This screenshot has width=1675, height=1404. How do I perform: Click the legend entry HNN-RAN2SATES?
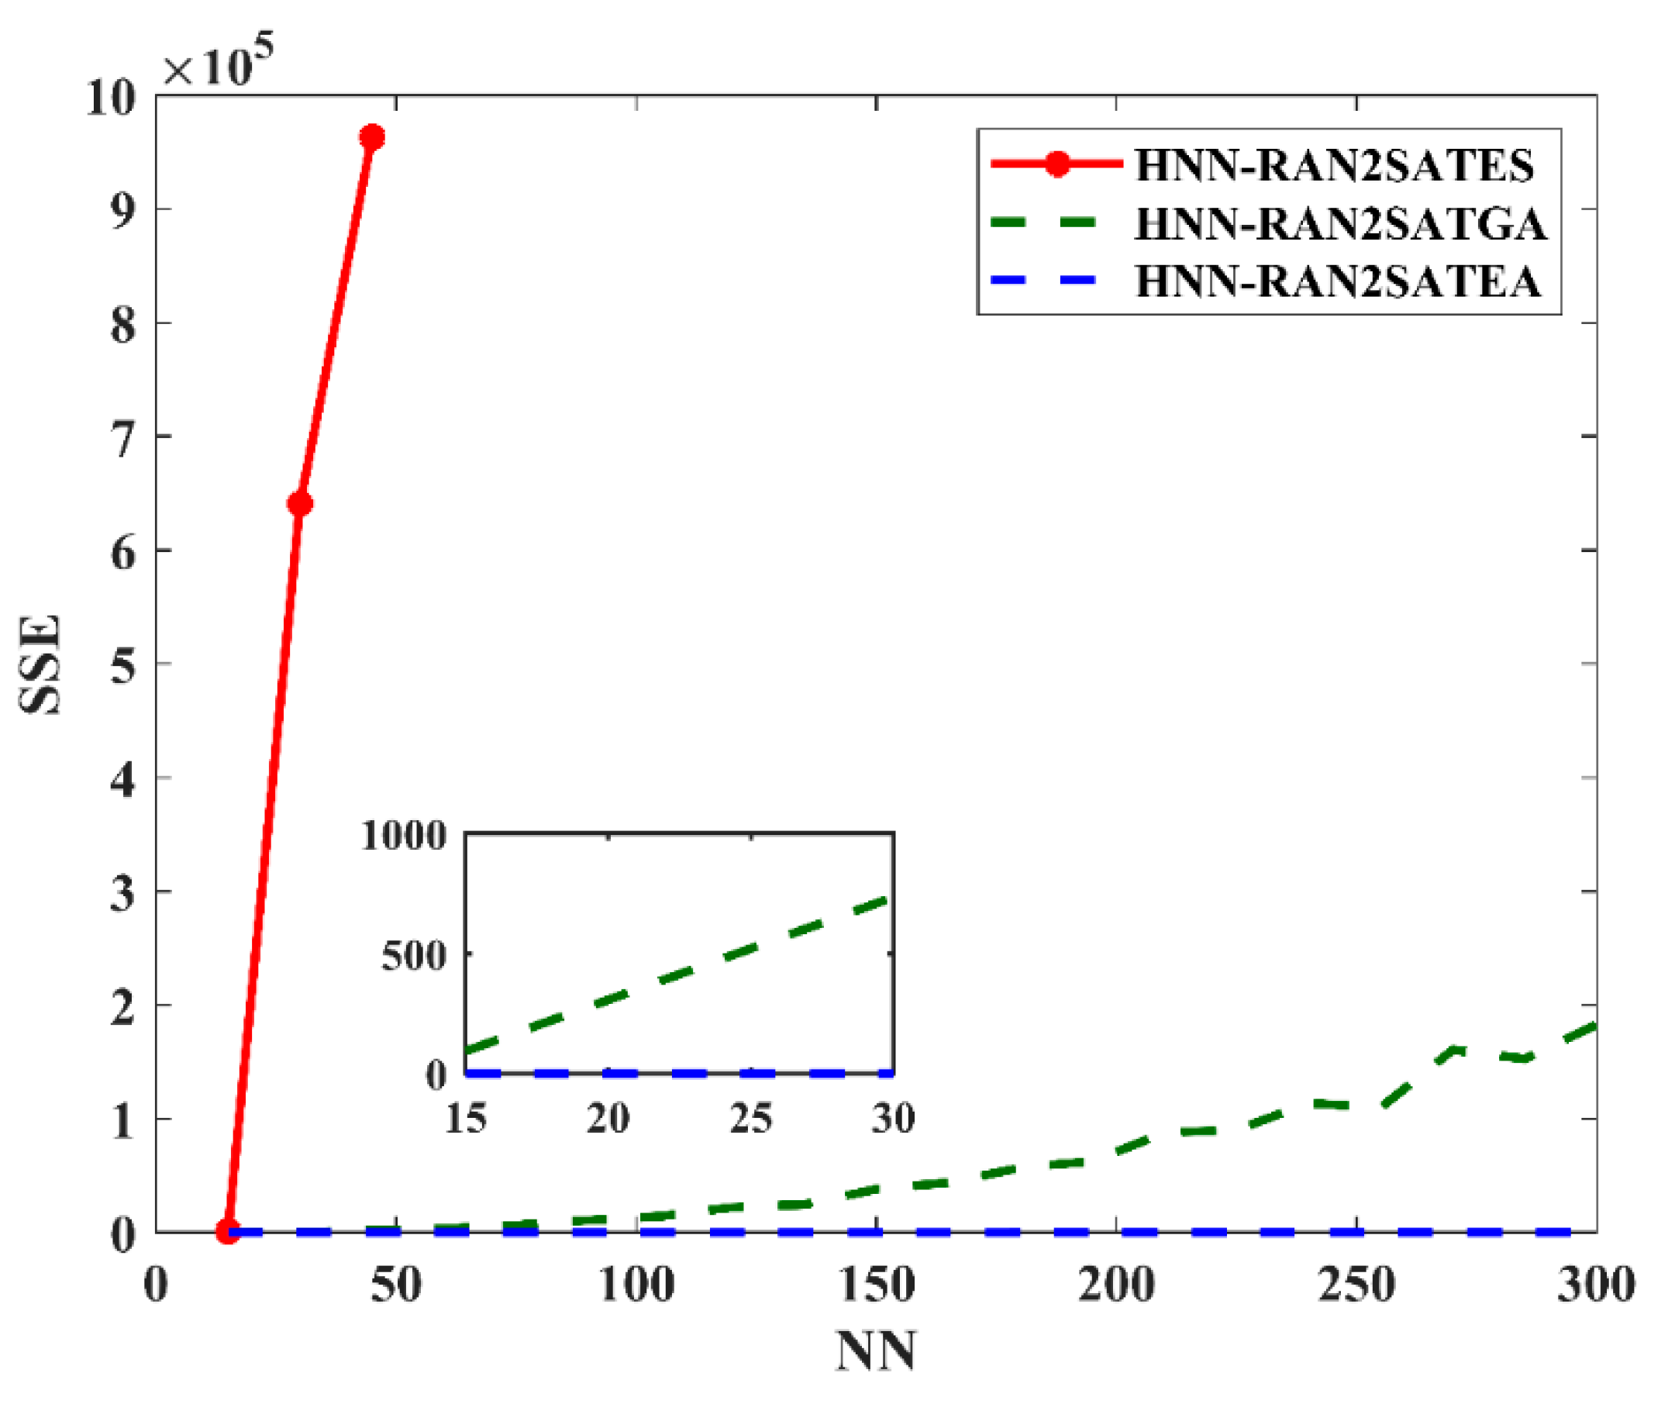pyautogui.click(x=1334, y=165)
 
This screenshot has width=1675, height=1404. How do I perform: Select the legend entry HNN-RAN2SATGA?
pyautogui.click(x=1340, y=223)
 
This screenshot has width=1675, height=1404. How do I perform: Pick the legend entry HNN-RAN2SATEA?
pyautogui.click(x=1338, y=281)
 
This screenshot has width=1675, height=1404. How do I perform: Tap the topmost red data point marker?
pyautogui.click(x=372, y=137)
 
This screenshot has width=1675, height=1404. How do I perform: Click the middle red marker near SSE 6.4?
pyautogui.click(x=300, y=503)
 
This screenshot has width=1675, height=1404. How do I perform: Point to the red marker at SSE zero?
pyautogui.click(x=228, y=1232)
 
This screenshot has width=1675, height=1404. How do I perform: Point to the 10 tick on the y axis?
pyautogui.click(x=112, y=99)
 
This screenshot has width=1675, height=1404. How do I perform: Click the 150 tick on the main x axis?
pyautogui.click(x=877, y=1285)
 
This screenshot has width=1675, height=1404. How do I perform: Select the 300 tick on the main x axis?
pyautogui.click(x=1596, y=1285)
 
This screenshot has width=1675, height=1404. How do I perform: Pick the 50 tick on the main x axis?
pyautogui.click(x=395, y=1285)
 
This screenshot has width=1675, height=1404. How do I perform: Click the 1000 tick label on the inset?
pyautogui.click(x=404, y=836)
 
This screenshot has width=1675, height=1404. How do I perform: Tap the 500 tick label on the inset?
pyautogui.click(x=413, y=955)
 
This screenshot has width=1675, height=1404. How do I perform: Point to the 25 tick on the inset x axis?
pyautogui.click(x=750, y=1119)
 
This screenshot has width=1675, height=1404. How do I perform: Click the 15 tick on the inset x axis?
pyautogui.click(x=466, y=1119)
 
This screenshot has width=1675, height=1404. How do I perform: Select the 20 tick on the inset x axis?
pyautogui.click(x=608, y=1119)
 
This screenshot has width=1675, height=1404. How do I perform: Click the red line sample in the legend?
pyautogui.click(x=1056, y=164)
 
